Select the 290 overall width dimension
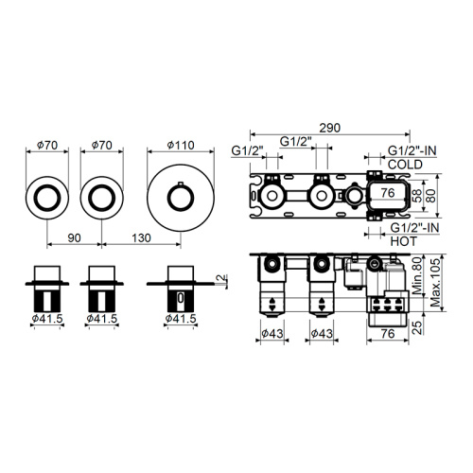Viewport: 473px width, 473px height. [331, 125]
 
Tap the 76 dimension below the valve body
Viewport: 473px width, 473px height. [386, 333]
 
